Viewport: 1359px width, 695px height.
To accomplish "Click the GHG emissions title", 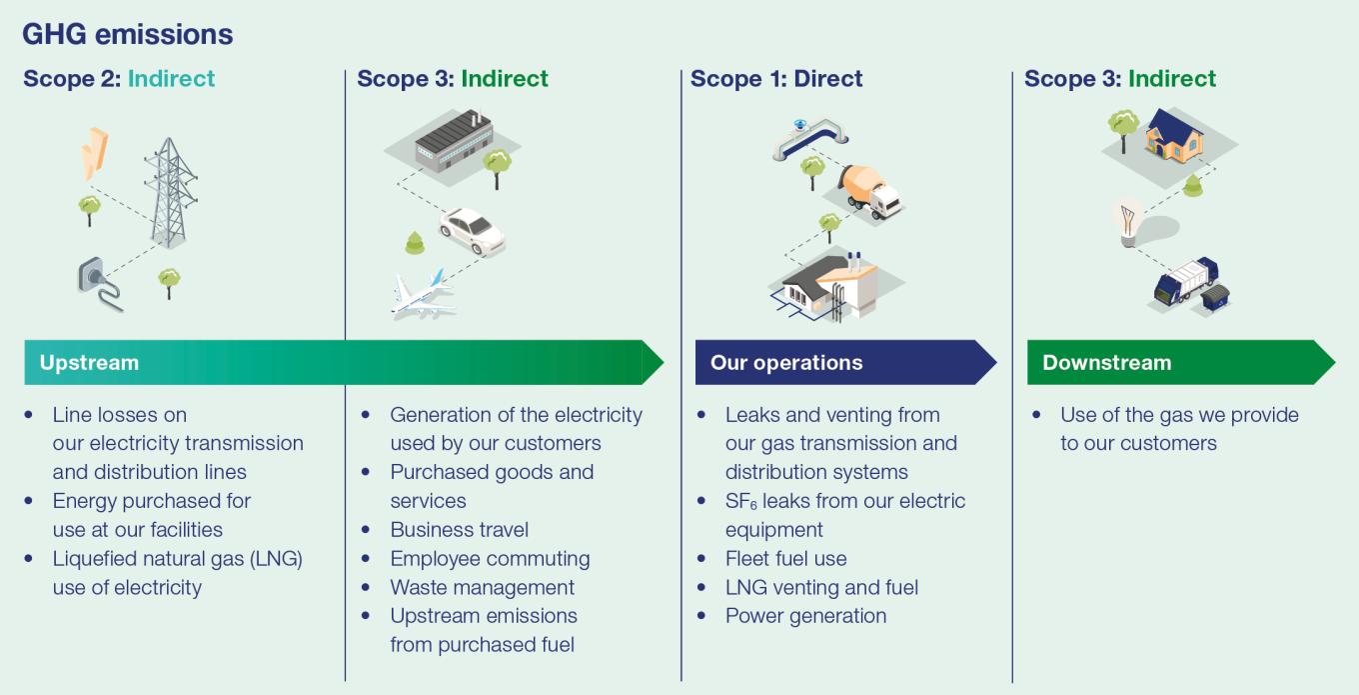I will click(127, 34).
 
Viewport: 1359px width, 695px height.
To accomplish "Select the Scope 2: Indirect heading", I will click(119, 79).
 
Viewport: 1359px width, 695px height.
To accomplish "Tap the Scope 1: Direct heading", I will click(776, 79).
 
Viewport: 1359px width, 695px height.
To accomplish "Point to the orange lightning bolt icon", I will click(94, 153).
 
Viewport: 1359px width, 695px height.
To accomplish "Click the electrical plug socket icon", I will click(97, 281).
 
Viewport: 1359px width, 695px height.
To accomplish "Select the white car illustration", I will click(472, 230).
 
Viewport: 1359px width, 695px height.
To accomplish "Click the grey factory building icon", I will click(453, 146).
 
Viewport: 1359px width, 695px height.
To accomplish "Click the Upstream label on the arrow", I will click(89, 363).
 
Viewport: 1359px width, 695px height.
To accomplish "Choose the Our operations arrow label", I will click(786, 363).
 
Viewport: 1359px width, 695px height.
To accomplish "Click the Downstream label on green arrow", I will click(1106, 363).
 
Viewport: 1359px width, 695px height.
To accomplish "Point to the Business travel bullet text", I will click(459, 530).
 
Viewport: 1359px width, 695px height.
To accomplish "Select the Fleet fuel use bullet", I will click(785, 559).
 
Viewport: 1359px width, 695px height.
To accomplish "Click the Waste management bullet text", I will click(482, 588).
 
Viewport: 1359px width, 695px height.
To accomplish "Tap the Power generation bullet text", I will click(805, 616).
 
